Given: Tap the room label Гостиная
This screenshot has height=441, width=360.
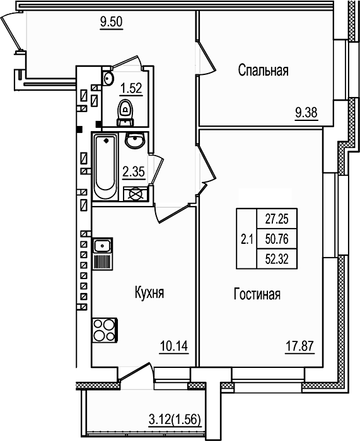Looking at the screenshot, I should coord(257,294).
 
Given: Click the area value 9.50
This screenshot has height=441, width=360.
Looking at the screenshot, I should coord(110,24).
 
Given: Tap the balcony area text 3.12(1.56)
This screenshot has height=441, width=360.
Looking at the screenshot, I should coord(175,433).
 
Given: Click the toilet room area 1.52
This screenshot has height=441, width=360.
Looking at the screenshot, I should coord(131,88).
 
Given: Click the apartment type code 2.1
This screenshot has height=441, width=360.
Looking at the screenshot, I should coord(247,239).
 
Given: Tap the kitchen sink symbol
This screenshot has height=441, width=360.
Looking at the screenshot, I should coord(102,246).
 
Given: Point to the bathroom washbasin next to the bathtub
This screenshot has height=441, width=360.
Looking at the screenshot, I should coord(134,141).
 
